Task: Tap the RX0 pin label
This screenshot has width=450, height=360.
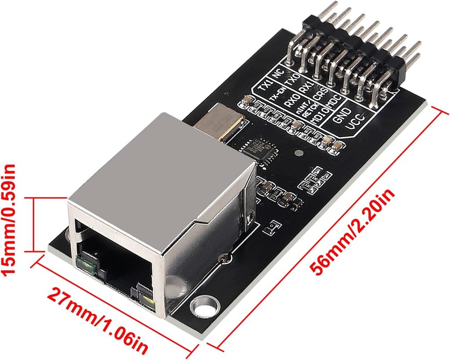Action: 291,102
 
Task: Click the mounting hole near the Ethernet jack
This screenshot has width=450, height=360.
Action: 203,304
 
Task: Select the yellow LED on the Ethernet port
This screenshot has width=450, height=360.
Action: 147,298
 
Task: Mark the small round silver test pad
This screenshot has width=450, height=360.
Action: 299,154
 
